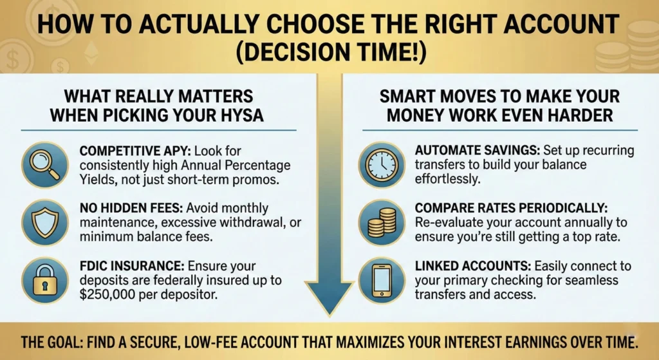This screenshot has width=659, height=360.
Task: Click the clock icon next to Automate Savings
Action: coord(382,164)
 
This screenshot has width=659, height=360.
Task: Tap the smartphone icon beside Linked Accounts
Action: coord(382,278)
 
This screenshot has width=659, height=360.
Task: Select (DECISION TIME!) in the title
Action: coord(329,53)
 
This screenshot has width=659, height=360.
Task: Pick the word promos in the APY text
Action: coord(259,180)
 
